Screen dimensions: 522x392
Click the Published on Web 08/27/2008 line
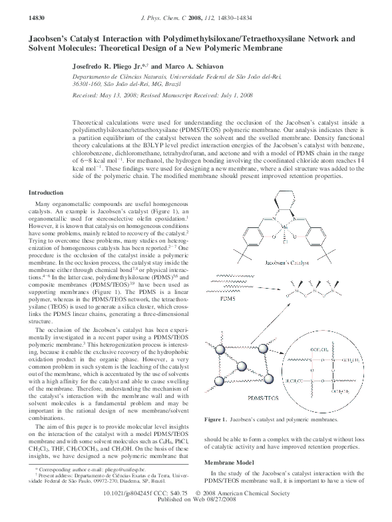coord(196,517)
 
